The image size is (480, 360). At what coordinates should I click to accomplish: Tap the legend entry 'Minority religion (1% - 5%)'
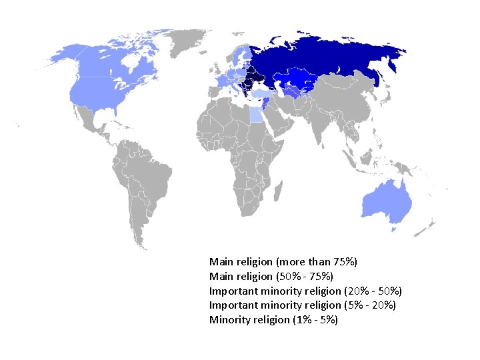273,320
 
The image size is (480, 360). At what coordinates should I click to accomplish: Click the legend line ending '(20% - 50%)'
305,291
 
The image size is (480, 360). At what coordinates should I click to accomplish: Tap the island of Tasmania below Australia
394,228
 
